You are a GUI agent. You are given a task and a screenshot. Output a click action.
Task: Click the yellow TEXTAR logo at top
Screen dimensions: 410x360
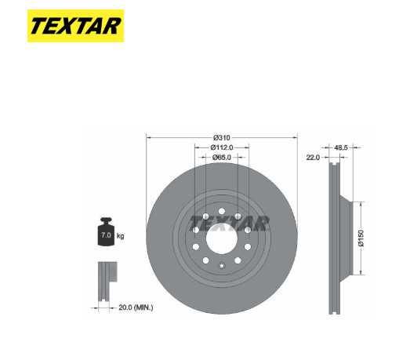tap(75, 26)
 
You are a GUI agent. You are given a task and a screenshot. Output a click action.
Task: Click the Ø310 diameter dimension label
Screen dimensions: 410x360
tap(222, 137)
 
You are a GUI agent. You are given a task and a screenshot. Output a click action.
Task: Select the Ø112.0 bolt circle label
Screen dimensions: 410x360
tap(222, 147)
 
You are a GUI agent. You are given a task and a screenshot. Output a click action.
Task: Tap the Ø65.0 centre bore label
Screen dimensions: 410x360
tap(222, 157)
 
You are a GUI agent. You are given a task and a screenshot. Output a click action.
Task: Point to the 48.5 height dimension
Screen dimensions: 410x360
tap(341, 147)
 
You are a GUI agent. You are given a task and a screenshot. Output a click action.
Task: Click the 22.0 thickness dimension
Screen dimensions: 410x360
tap(313, 157)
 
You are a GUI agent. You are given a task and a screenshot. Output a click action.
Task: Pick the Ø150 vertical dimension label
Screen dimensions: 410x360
tap(361, 238)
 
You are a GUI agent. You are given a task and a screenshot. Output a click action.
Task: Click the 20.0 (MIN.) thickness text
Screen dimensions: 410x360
tap(136, 307)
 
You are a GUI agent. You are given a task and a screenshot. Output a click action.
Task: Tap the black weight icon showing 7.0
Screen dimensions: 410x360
tap(106, 232)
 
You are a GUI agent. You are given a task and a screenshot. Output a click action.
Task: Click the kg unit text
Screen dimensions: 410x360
tap(120, 236)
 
